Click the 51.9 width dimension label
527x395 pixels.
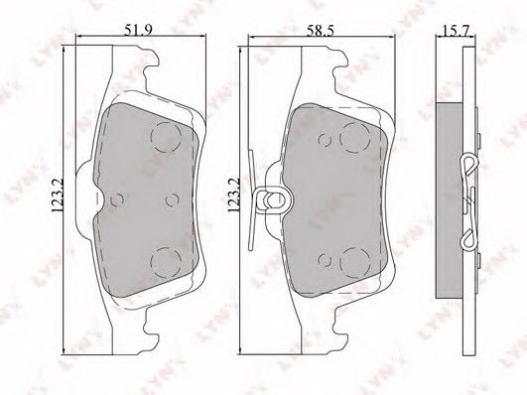pos(139,30)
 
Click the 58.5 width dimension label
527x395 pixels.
pos(320,31)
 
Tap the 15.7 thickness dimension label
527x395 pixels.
pos(455,31)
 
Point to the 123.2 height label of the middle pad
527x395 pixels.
pos(233,195)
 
